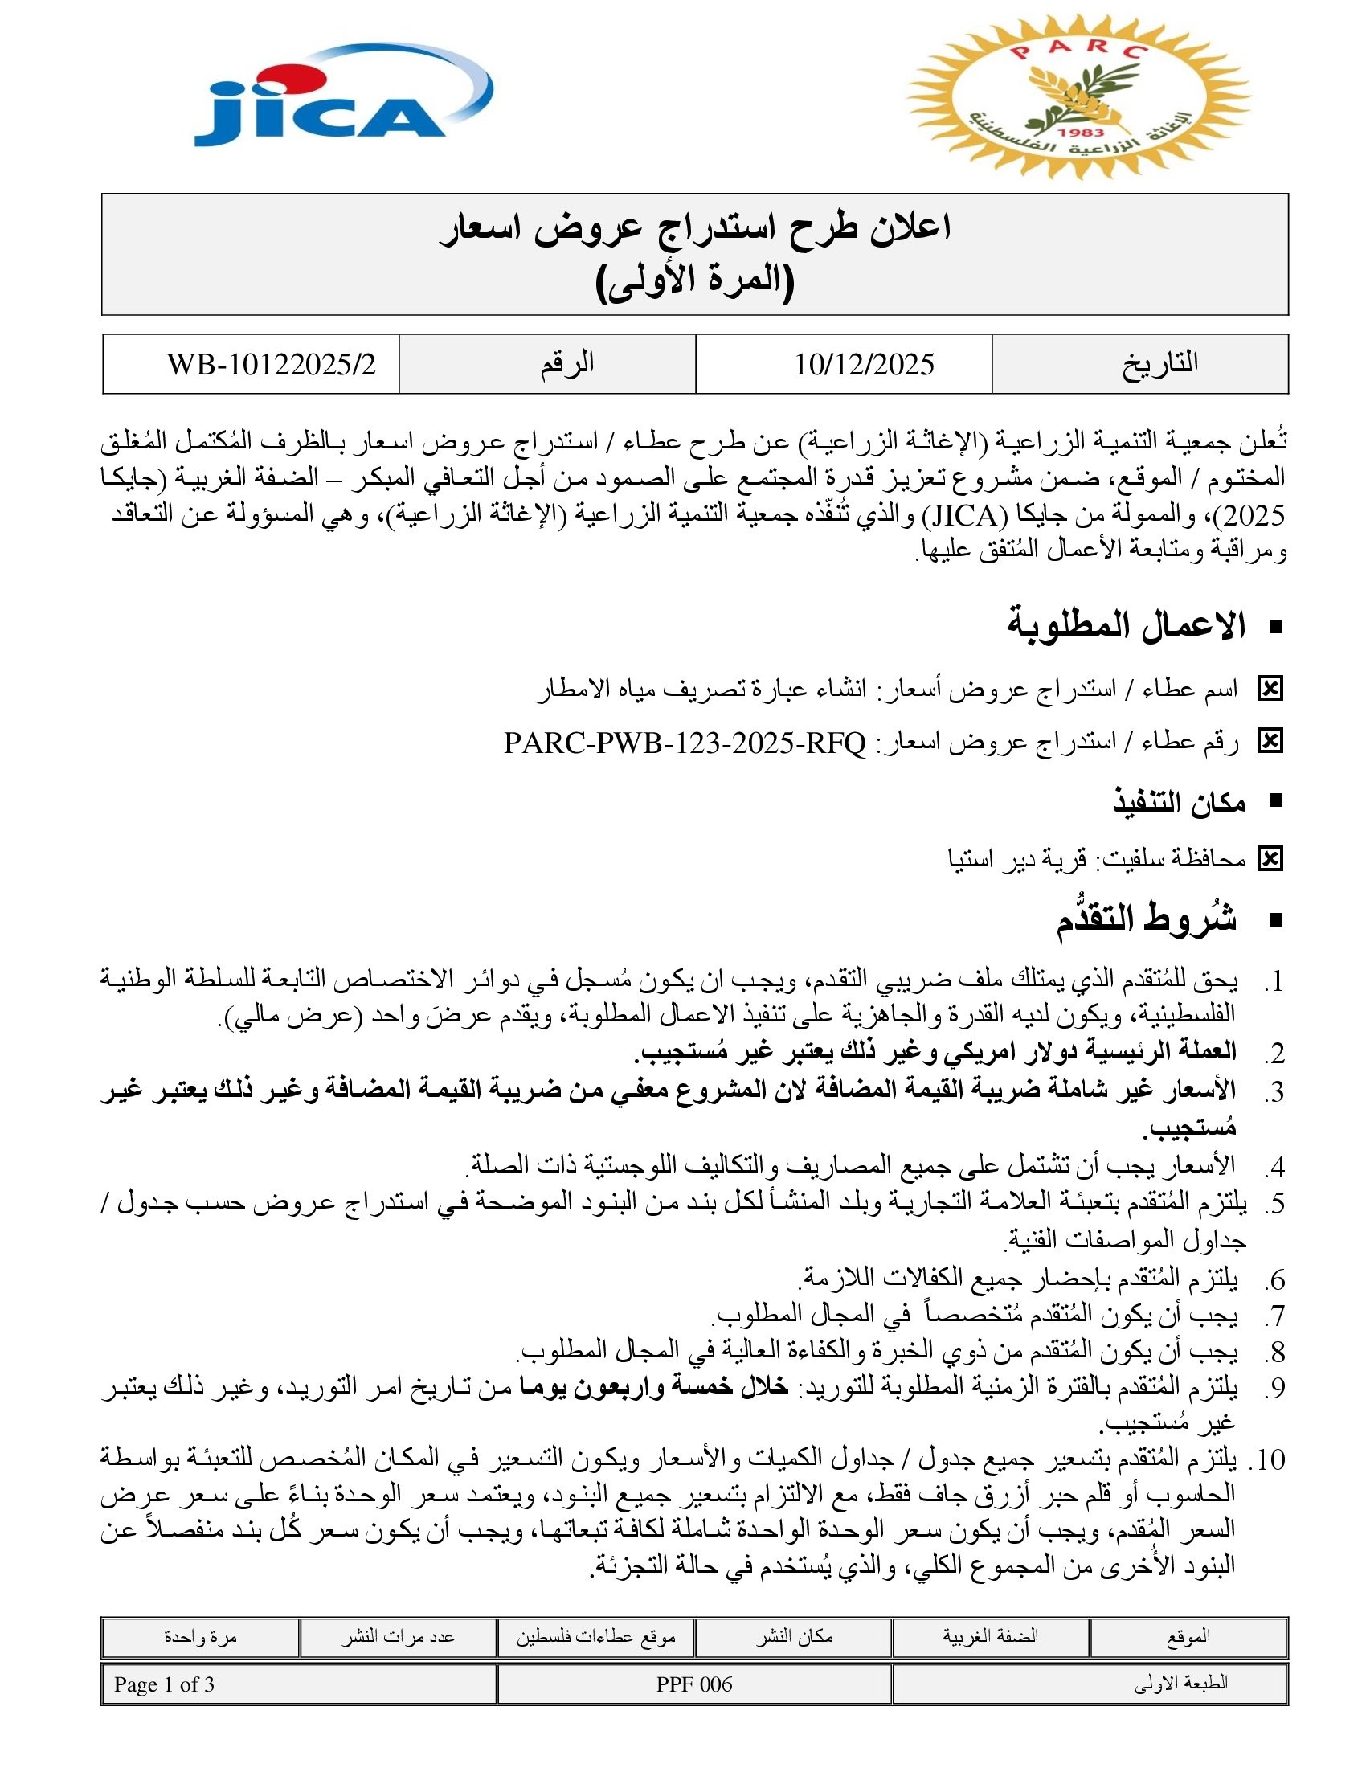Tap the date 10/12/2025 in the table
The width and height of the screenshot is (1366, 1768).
864,364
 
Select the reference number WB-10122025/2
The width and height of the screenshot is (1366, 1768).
271,364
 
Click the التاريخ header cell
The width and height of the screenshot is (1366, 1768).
1159,363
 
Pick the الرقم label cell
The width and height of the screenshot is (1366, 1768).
567,363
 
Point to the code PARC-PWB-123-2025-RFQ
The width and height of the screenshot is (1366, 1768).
685,743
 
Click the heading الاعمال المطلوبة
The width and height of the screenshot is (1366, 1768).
1126,627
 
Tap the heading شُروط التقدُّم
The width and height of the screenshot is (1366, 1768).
1146,920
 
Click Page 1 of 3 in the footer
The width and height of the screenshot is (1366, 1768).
164,1684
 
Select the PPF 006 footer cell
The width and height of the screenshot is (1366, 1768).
694,1684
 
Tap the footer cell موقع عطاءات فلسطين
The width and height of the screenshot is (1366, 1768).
596,1637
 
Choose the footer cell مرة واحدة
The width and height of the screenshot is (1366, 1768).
200,1637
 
